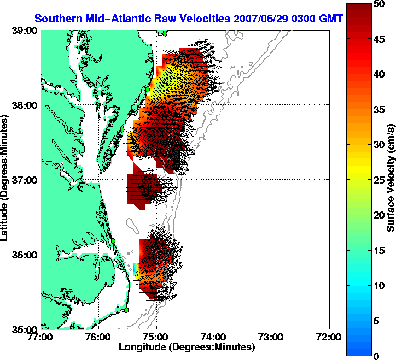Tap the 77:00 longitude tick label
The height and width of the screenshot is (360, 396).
42,337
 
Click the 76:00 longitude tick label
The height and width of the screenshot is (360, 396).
99,337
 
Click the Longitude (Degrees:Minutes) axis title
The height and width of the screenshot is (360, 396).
187,347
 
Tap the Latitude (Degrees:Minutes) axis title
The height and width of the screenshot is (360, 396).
7,180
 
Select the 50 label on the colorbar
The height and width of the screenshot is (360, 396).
377,4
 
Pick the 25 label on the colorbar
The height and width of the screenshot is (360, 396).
377,180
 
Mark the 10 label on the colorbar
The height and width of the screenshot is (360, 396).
377,286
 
